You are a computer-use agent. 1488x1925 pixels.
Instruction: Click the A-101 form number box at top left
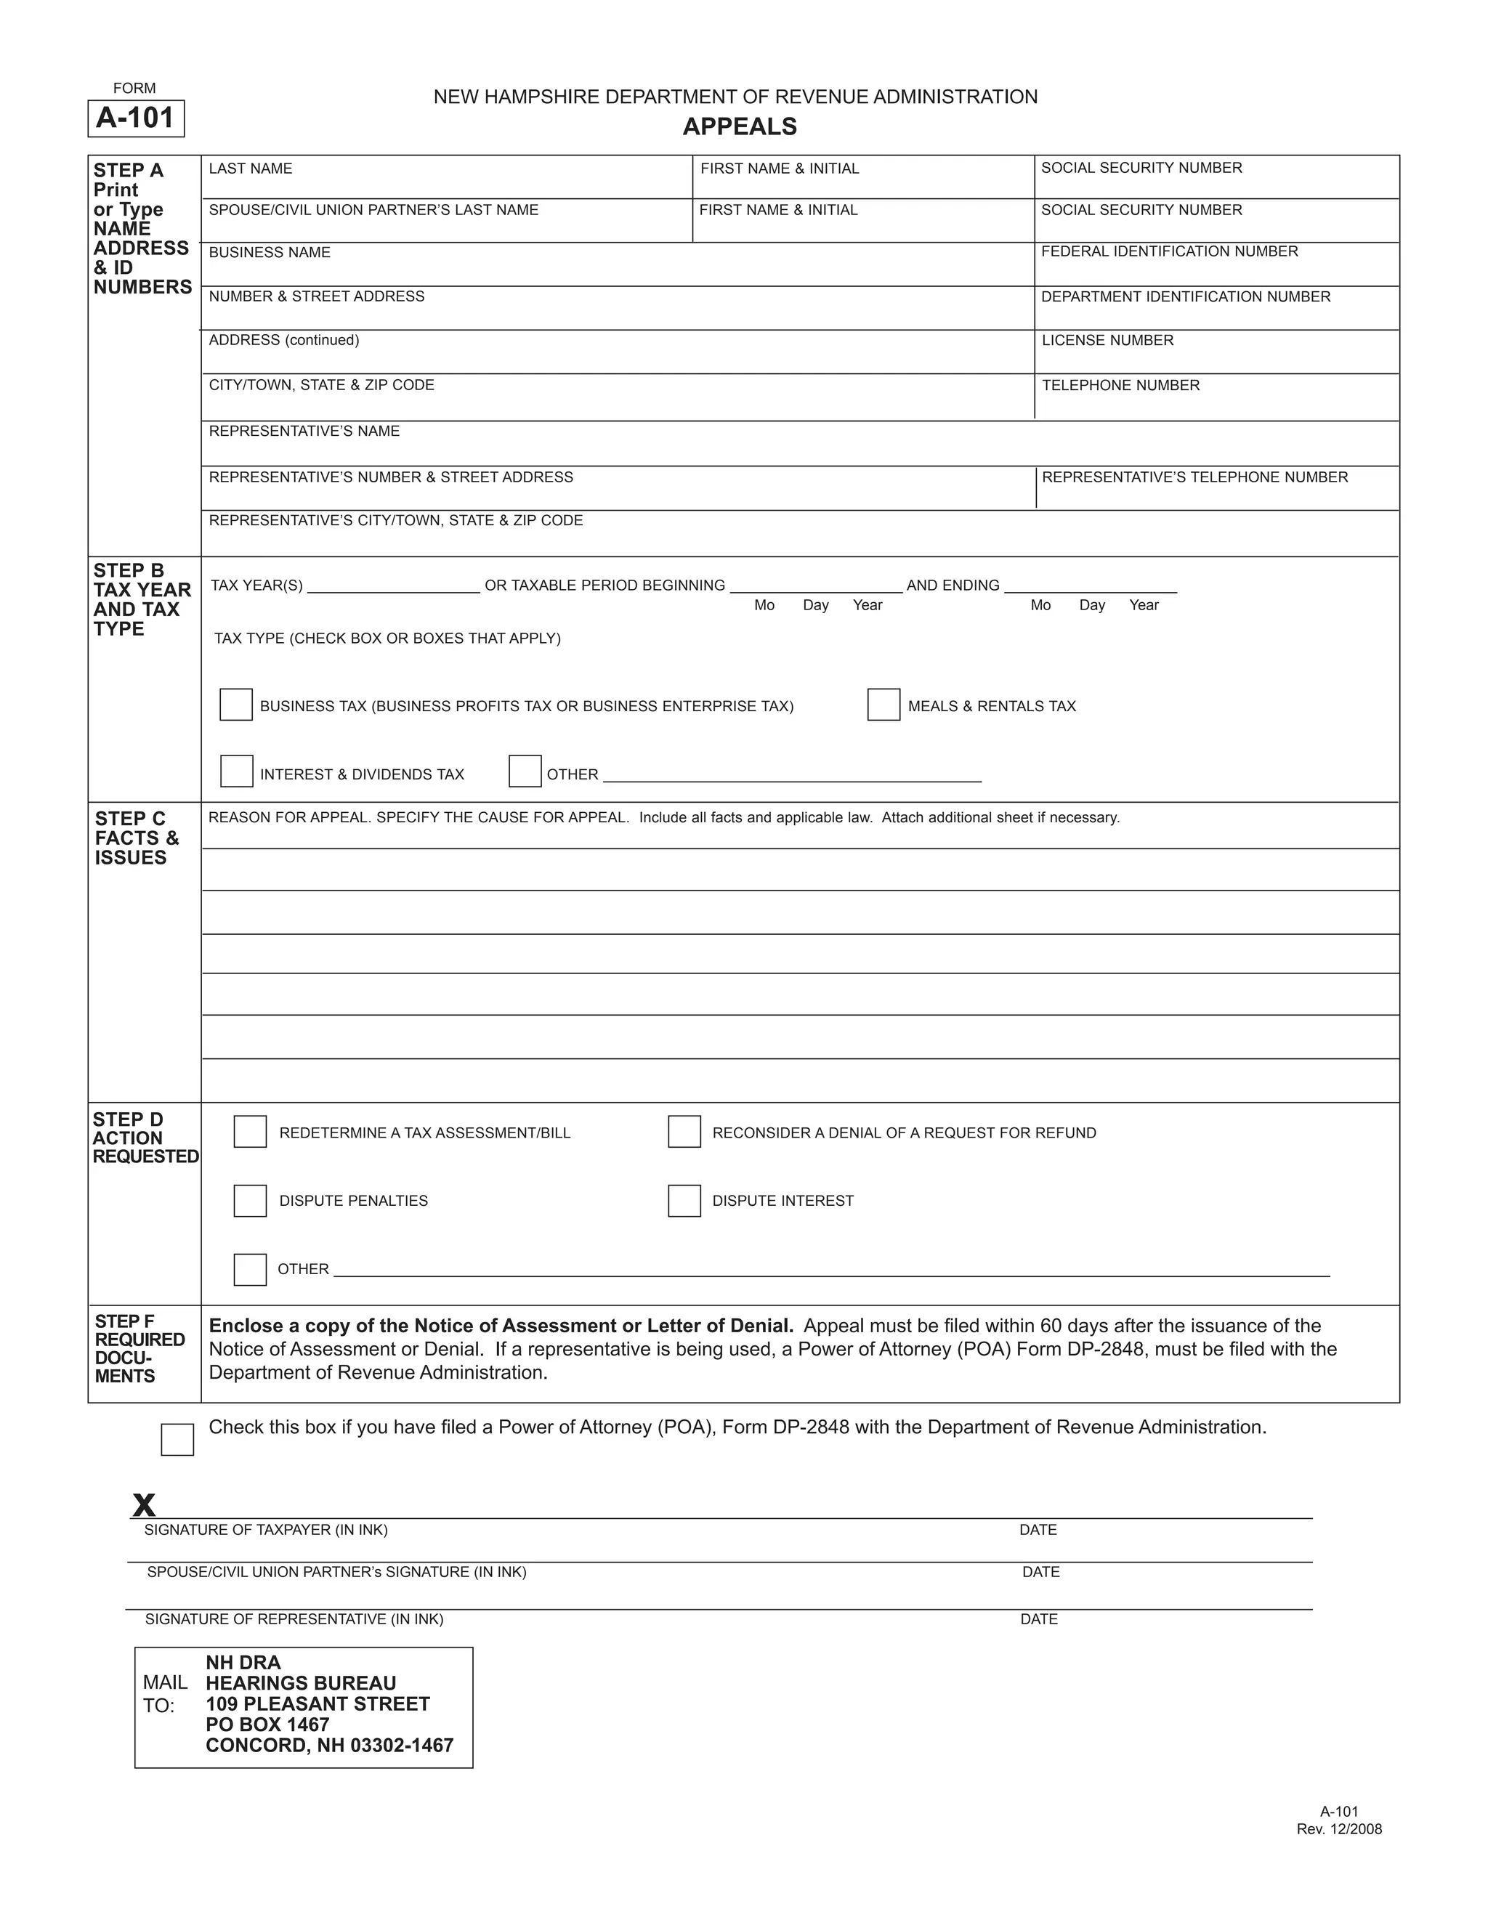[x=136, y=118]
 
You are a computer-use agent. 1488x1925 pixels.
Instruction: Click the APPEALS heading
[x=740, y=127]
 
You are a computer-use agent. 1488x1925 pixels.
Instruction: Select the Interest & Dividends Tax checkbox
[x=236, y=771]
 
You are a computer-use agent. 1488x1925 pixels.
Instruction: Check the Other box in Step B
[x=525, y=771]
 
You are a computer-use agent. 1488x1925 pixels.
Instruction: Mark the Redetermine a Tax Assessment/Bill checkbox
[x=251, y=1132]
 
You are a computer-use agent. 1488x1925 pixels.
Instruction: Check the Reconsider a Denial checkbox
[x=684, y=1132]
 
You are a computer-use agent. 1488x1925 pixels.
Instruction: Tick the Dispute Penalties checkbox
[x=251, y=1201]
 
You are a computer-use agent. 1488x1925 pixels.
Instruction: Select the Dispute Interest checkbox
[x=684, y=1201]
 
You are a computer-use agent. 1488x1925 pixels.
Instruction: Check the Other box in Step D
[x=251, y=1269]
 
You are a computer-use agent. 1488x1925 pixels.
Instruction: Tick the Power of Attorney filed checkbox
[x=177, y=1439]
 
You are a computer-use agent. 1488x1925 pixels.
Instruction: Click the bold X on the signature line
[x=144, y=1504]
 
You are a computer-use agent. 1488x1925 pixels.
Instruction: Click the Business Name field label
[x=270, y=253]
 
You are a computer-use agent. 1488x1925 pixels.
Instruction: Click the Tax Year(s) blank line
[x=393, y=587]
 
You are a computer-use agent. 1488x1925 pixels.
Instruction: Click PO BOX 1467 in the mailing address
[x=267, y=1725]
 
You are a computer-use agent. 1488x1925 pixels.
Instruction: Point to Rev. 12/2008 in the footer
[x=1339, y=1830]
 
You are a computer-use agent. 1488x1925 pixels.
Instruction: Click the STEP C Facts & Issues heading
[x=137, y=838]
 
